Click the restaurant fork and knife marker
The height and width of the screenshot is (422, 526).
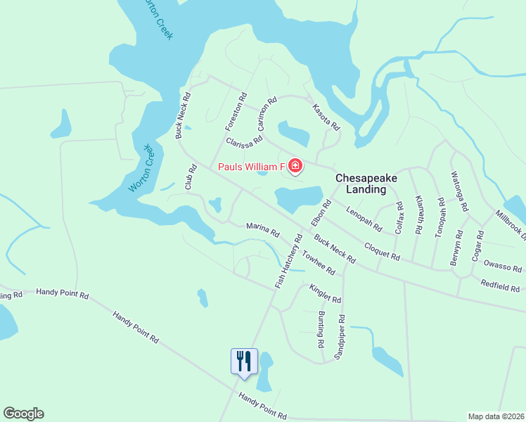click(x=244, y=362)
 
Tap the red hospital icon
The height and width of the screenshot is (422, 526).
click(x=295, y=167)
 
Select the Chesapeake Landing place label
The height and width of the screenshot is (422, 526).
click(x=366, y=184)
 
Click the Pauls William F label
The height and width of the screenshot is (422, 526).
click(x=250, y=167)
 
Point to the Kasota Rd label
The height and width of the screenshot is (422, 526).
click(x=326, y=116)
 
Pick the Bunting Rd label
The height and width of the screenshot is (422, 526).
click(x=321, y=331)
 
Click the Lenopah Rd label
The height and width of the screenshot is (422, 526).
click(x=364, y=218)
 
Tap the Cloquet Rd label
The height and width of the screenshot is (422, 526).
click(x=382, y=250)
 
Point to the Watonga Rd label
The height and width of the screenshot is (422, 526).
click(x=460, y=192)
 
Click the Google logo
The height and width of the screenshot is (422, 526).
click(x=23, y=414)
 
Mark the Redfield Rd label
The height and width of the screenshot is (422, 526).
click(x=499, y=286)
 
